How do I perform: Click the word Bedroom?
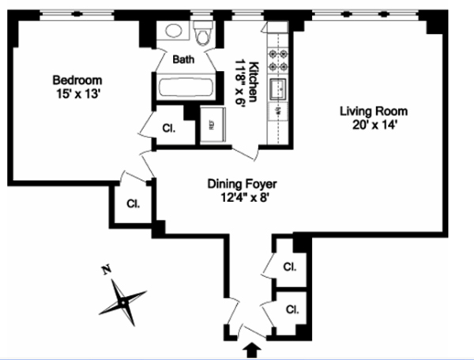click(x=77, y=80)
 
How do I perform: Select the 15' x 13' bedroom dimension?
click(x=77, y=92)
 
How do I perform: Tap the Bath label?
click(x=183, y=58)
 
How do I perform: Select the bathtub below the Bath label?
click(x=183, y=87)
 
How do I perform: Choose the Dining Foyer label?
click(x=243, y=183)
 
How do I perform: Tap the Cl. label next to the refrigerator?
click(x=168, y=127)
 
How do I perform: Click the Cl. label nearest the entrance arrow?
click(x=292, y=309)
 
